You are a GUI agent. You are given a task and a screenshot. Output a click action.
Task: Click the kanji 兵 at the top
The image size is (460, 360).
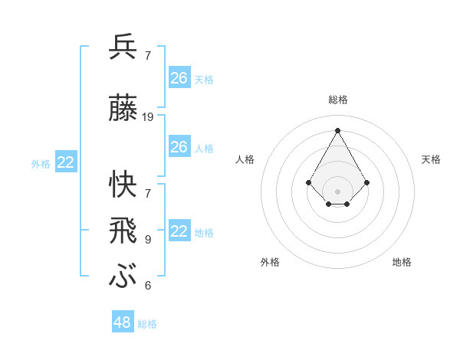123,47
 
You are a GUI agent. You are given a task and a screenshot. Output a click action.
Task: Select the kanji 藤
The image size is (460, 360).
123,110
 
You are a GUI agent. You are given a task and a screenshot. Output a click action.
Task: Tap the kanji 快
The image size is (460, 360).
123,183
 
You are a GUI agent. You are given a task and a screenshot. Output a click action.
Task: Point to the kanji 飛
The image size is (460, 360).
123,230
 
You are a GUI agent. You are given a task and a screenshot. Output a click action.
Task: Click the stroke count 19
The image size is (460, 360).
148,116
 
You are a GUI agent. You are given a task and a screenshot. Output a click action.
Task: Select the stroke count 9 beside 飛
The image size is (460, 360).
148,239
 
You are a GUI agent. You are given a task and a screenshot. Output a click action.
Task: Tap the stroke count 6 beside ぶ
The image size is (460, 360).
148,286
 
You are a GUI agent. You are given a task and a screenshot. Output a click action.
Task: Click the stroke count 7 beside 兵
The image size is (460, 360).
148,55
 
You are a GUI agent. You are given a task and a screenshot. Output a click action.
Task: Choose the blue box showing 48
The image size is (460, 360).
123,322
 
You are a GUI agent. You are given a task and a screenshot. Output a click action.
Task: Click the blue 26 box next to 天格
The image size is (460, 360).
179,78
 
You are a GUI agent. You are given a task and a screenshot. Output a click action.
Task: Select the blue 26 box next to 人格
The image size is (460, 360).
179,147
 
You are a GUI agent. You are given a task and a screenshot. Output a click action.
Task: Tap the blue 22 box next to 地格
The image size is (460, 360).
179,231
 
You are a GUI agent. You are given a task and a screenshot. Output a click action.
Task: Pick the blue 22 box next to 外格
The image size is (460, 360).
65,162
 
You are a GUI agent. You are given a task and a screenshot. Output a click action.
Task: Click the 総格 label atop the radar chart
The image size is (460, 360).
338,100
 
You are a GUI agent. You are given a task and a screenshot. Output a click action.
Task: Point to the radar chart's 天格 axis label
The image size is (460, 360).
431,159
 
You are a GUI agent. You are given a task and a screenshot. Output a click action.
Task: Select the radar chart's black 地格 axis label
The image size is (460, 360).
402,262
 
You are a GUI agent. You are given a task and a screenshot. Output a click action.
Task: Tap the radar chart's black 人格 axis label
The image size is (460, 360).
245,159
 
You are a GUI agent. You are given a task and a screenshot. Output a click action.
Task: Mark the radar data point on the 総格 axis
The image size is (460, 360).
338,129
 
